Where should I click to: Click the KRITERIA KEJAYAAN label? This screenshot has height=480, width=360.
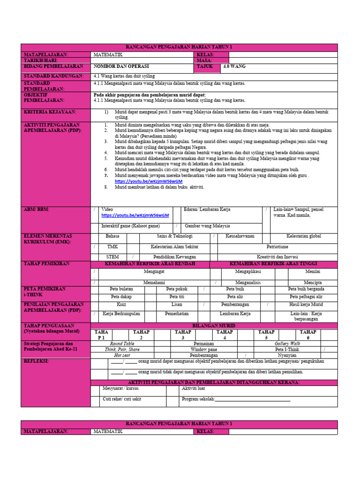[50, 112]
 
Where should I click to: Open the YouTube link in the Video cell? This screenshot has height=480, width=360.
[135, 216]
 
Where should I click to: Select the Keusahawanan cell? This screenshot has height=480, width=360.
[240, 236]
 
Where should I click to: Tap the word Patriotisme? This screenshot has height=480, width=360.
[277, 247]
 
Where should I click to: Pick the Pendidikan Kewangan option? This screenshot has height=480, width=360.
[174, 257]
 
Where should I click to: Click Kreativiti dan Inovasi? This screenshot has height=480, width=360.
[277, 257]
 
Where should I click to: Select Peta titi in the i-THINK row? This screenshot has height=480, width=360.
[177, 296]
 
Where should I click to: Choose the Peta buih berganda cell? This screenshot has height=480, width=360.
[306, 289]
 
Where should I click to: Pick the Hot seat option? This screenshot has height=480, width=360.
[122, 355]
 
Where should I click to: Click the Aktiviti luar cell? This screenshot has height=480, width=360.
[194, 389]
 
